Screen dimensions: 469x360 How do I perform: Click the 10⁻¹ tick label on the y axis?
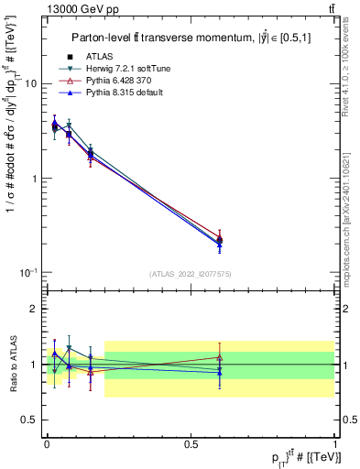(27, 273)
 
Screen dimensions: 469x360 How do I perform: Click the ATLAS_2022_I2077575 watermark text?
(190, 273)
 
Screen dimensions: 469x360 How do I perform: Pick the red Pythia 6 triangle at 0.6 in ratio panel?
(219, 357)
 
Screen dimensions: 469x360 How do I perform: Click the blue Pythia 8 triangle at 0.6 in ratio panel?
(219, 372)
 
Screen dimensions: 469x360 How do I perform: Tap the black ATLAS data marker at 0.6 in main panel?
(219, 241)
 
